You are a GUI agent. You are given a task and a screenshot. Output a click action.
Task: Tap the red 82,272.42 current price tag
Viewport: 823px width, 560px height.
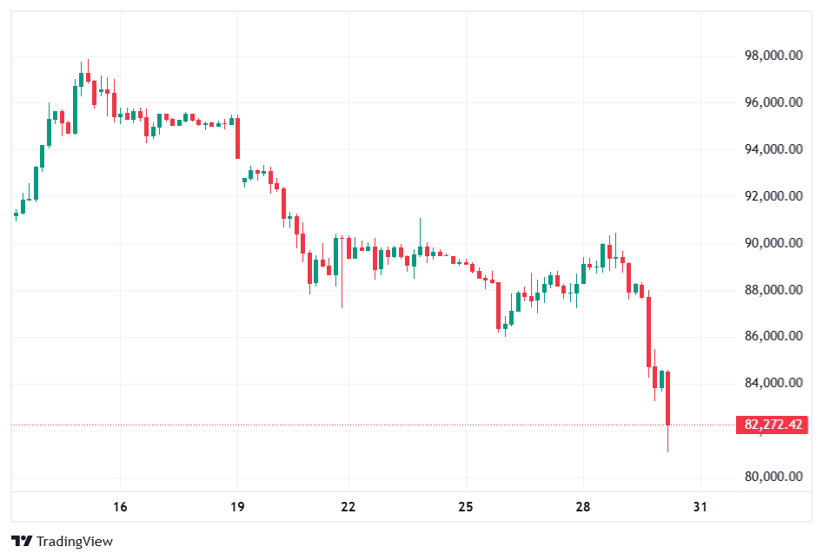pyautogui.click(x=773, y=425)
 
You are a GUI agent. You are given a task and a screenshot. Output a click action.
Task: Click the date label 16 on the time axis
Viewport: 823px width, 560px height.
pyautogui.click(x=120, y=507)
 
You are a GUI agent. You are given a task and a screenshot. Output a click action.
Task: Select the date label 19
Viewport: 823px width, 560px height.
pyautogui.click(x=237, y=507)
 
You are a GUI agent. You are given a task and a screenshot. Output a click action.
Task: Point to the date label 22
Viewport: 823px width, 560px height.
pyautogui.click(x=348, y=507)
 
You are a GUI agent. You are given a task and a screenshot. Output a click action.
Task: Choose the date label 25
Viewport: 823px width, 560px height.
pyautogui.click(x=465, y=507)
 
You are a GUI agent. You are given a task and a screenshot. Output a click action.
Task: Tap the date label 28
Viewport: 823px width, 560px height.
pyautogui.click(x=582, y=507)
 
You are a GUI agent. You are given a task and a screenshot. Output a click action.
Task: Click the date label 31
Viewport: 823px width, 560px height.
pyautogui.click(x=699, y=507)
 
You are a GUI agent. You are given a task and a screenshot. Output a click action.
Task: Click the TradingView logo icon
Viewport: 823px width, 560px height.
pyautogui.click(x=22, y=542)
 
